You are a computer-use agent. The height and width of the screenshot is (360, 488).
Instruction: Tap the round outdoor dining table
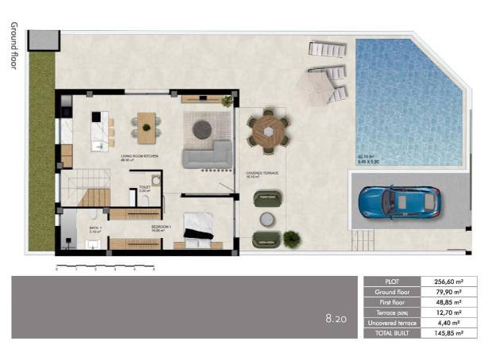(268, 130)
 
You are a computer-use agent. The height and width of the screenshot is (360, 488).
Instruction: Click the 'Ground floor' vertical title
(13, 46)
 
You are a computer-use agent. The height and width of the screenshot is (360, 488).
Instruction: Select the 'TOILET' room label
(144, 187)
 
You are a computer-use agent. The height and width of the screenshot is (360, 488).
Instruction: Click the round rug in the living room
(201, 125)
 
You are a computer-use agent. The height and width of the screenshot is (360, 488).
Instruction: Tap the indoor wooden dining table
(146, 124)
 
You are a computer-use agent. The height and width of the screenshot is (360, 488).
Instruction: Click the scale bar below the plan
(105, 264)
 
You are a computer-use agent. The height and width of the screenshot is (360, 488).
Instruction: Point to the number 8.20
(336, 320)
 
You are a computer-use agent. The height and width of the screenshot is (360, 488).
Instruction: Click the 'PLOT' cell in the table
(390, 281)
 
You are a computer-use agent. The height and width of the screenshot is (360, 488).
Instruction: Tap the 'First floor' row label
(390, 302)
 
